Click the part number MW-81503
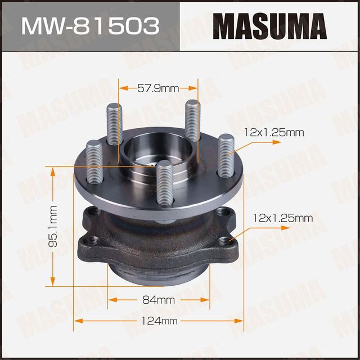pyautogui.click(x=89, y=25)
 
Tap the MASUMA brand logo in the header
pyautogui.click(x=269, y=25)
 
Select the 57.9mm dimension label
pyautogui.click(x=157, y=88)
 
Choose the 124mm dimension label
pyautogui.click(x=160, y=321)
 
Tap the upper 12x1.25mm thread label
pyautogui.click(x=274, y=133)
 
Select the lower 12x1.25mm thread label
pyautogui.click(x=283, y=217)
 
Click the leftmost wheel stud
pyautogui.click(x=93, y=162)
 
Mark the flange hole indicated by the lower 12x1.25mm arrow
pyautogui.click(x=227, y=242)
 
